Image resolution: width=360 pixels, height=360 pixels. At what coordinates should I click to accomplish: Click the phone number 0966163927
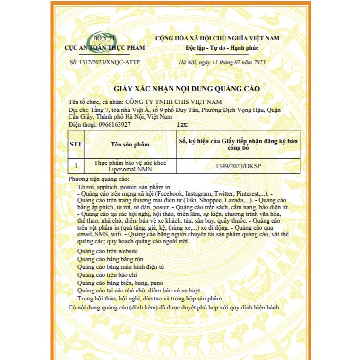[x=114, y=125]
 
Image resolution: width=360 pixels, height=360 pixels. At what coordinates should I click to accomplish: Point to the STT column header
[x=76, y=144]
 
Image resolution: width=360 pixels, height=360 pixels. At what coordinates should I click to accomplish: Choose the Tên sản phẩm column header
[x=130, y=144]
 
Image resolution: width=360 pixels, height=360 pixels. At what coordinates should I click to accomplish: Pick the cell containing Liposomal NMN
[x=130, y=166]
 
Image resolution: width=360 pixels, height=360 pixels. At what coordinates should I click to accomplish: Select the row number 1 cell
[x=76, y=166]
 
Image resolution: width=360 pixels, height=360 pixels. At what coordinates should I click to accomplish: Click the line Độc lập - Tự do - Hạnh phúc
[x=217, y=48]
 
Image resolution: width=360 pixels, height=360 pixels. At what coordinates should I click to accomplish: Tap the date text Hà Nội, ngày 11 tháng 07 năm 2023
[x=222, y=62]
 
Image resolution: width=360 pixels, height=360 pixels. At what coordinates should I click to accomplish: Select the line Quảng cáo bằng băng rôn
[x=110, y=259]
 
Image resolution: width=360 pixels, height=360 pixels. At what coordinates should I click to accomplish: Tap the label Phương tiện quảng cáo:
[x=98, y=180]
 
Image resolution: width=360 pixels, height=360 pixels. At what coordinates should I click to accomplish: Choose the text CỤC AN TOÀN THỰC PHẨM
[x=105, y=48]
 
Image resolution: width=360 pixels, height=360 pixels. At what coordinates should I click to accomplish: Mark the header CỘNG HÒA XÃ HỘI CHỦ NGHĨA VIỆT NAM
[x=217, y=38]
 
